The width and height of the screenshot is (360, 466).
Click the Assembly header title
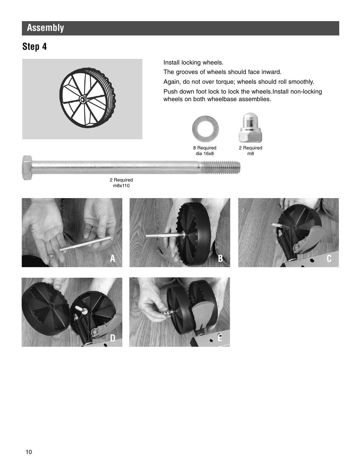point(45,28)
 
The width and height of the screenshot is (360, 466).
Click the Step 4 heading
point(34,46)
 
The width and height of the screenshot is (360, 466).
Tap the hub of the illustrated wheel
point(83,99)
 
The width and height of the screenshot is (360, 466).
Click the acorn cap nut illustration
point(250,128)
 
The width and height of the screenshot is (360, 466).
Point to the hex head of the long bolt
point(27,167)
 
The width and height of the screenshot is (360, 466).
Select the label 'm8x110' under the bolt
point(121,186)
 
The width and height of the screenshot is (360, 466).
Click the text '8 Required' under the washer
point(205,148)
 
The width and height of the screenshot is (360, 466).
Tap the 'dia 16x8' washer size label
point(205,154)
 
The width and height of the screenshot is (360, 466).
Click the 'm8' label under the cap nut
point(250,154)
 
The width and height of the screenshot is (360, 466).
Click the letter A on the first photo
point(112,258)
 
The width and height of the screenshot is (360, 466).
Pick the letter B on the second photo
point(220,258)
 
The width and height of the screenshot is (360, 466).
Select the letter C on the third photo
point(329,258)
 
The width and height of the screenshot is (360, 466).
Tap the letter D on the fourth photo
point(112,338)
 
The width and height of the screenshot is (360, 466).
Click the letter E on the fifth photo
point(220,338)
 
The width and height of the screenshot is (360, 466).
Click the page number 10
point(29,452)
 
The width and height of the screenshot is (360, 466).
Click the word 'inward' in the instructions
point(271,72)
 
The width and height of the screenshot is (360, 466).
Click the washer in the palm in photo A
point(51,257)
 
